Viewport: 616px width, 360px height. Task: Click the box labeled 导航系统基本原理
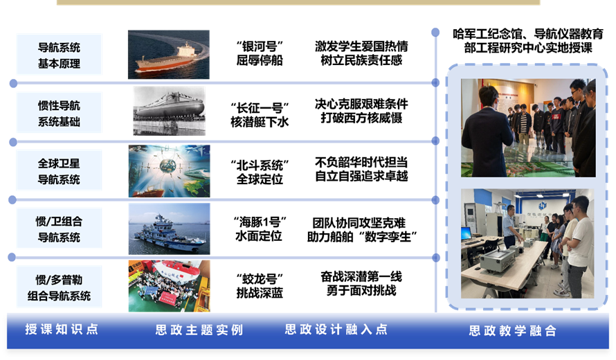pos(59,54)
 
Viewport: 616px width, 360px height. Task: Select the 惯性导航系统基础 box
pos(59,112)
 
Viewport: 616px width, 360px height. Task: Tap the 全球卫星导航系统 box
pos(59,170)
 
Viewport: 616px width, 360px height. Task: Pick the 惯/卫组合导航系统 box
pos(59,228)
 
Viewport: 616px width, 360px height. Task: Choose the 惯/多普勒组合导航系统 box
pos(59,287)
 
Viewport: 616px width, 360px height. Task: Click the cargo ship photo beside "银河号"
pos(169,55)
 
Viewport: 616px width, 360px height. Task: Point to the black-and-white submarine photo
pos(169,111)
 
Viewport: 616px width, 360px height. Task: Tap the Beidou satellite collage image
pos(170,171)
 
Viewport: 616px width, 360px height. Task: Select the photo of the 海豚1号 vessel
pos(170,228)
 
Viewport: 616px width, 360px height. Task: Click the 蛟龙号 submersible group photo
pos(170,286)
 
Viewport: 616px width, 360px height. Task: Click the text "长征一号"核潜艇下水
pos(260,115)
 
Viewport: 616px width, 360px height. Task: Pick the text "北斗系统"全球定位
pos(260,172)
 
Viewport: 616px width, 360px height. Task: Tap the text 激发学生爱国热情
pos(361,46)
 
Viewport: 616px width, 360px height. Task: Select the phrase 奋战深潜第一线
pos(361,277)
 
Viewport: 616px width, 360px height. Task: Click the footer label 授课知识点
pos(62,329)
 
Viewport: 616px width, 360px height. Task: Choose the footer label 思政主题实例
pos(199,330)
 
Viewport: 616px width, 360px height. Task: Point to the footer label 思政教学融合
pos(513,330)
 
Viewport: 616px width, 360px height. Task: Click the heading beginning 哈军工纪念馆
pos(528,41)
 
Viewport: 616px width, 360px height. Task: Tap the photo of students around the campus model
pos(528,127)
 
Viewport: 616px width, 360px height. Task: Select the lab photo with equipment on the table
pos(527,243)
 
